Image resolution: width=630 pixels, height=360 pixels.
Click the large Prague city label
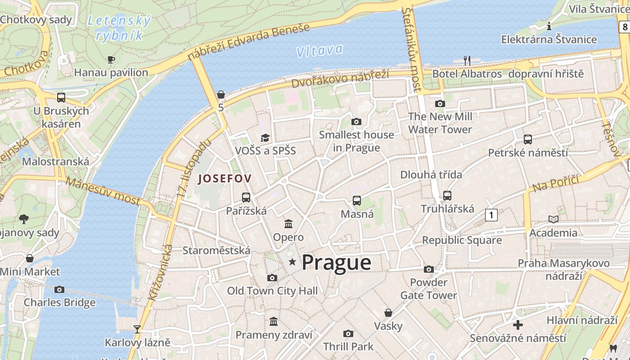(x=336, y=262)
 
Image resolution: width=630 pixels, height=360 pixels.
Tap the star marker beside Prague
(x=292, y=261)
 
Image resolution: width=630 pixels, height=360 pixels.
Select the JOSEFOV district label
(x=225, y=179)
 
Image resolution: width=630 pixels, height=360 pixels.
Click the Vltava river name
(x=319, y=50)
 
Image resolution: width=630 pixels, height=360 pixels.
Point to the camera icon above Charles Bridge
(x=59, y=289)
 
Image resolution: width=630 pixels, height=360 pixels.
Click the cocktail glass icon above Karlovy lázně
(x=137, y=329)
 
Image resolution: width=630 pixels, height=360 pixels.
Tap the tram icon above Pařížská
(x=246, y=197)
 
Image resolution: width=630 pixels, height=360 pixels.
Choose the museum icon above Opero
(x=288, y=224)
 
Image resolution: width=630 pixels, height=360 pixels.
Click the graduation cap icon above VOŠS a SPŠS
(x=265, y=138)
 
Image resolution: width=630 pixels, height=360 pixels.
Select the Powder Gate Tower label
(x=428, y=289)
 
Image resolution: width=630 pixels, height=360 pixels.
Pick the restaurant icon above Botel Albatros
(x=467, y=60)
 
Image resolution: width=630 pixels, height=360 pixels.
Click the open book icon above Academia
(x=553, y=219)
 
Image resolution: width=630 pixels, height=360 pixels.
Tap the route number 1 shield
(x=491, y=215)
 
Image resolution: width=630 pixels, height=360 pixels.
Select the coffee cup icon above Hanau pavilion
(x=111, y=59)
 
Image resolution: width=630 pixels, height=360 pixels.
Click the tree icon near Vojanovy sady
(x=24, y=219)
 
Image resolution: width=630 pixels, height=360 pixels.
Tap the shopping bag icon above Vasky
(x=388, y=313)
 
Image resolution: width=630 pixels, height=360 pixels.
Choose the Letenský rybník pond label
(x=119, y=28)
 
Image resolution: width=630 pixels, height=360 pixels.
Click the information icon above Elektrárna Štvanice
(x=549, y=26)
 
